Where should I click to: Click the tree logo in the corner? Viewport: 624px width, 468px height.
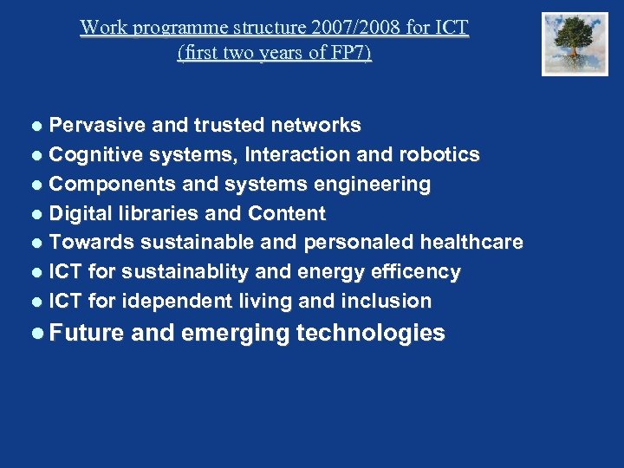click(x=575, y=43)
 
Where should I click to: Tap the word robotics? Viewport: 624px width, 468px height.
click(x=439, y=155)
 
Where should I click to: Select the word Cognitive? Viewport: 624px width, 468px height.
click(x=95, y=155)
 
